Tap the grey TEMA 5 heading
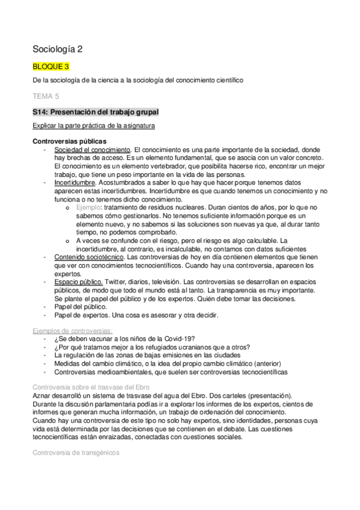[45, 95]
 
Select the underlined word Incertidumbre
[75, 181]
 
